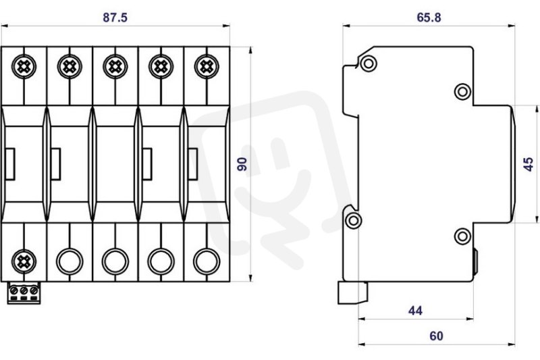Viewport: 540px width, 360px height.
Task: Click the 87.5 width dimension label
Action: point(115,18)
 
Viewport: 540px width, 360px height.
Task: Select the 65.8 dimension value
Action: point(429,18)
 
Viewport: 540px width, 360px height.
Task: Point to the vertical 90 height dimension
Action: point(242,164)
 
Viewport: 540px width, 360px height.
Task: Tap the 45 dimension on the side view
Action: point(529,164)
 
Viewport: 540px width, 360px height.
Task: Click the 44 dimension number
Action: point(415,311)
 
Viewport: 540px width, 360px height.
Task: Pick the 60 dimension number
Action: point(436,336)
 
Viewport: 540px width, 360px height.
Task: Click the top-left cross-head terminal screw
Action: point(24,66)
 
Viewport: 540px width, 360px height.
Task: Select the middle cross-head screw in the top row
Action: point(115,66)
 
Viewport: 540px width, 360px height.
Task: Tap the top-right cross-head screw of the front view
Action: point(207,66)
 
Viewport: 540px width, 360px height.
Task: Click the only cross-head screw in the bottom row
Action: point(24,261)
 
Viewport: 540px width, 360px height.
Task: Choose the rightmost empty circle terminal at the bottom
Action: point(207,261)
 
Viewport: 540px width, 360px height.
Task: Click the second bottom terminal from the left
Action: point(70,261)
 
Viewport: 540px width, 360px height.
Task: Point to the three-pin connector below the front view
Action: point(24,293)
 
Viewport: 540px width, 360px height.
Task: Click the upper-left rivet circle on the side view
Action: point(368,63)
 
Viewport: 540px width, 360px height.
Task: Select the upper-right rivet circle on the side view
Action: point(462,92)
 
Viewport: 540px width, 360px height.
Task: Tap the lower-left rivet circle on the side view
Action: point(353,220)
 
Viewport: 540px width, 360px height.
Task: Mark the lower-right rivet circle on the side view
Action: point(462,236)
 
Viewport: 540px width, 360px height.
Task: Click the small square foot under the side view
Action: point(352,293)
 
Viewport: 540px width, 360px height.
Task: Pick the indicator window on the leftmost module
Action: point(10,164)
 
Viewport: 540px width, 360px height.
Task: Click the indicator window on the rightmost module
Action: point(193,164)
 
